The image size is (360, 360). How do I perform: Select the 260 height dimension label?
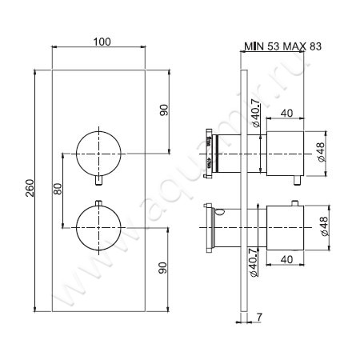tap(29, 189)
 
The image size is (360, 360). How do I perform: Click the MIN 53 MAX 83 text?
tap(282, 46)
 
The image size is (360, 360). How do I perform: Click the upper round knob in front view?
tap(98, 152)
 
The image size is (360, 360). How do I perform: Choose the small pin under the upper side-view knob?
tap(297, 179)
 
